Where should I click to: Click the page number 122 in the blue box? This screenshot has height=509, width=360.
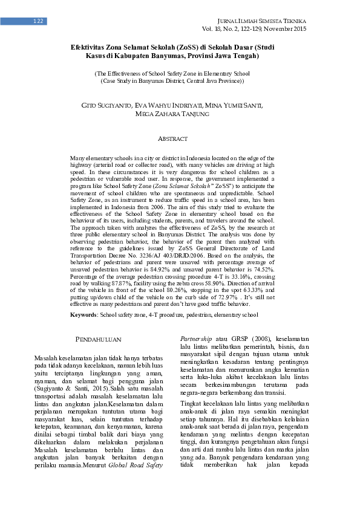click(38, 22)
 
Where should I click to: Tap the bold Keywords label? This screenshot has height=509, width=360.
click(84, 315)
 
